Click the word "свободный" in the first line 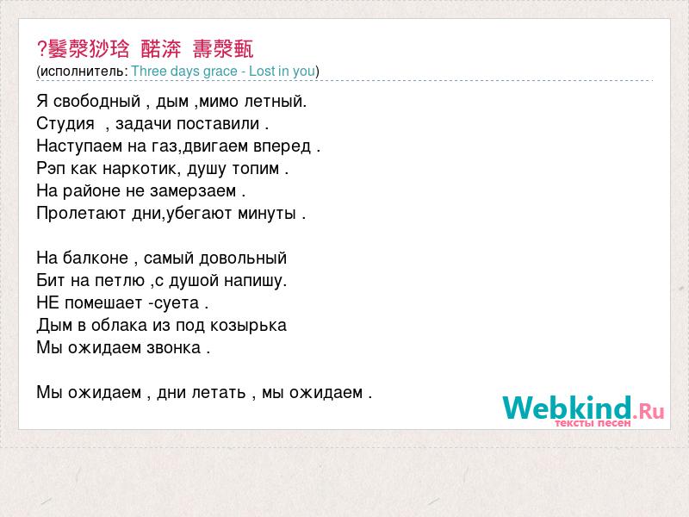pyautogui.click(x=96, y=102)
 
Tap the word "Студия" pyautogui.click(x=65, y=123)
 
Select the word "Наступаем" pyautogui.click(x=79, y=146)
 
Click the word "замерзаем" pyautogui.click(x=193, y=190)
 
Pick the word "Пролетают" pyautogui.click(x=82, y=213)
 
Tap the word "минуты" pyautogui.click(x=267, y=214)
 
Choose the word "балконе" pyautogui.click(x=96, y=258)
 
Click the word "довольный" pyautogui.click(x=243, y=258)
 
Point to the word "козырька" pyautogui.click(x=248, y=326)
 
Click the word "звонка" pyautogui.click(x=174, y=348)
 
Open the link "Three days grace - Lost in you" pyautogui.click(x=223, y=72)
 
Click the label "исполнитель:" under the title pyautogui.click(x=84, y=72)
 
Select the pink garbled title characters pyautogui.click(x=146, y=48)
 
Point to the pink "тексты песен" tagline pyautogui.click(x=593, y=423)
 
